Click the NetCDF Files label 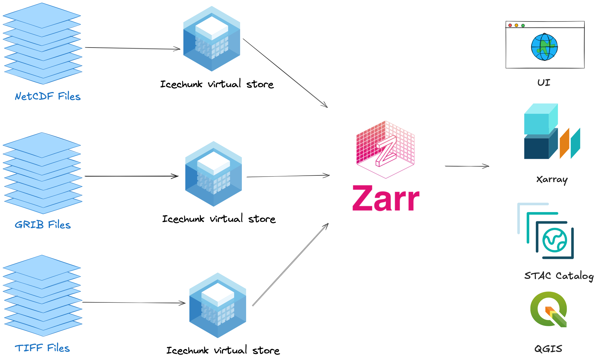[48, 96]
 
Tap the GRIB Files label [43, 225]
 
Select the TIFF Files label [42, 348]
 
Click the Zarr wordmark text [386, 198]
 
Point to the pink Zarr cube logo [385, 149]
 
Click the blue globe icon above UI [544, 47]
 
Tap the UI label [544, 83]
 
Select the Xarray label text [552, 180]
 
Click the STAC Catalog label [559, 276]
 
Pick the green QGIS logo [548, 309]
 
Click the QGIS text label [548, 349]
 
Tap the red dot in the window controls [510, 26]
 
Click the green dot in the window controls [523, 26]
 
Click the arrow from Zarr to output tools [467, 166]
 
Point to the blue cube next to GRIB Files [213, 174]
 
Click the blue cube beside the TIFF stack [218, 305]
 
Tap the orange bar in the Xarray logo [564, 143]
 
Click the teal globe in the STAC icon [555, 240]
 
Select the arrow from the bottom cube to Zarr [290, 265]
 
